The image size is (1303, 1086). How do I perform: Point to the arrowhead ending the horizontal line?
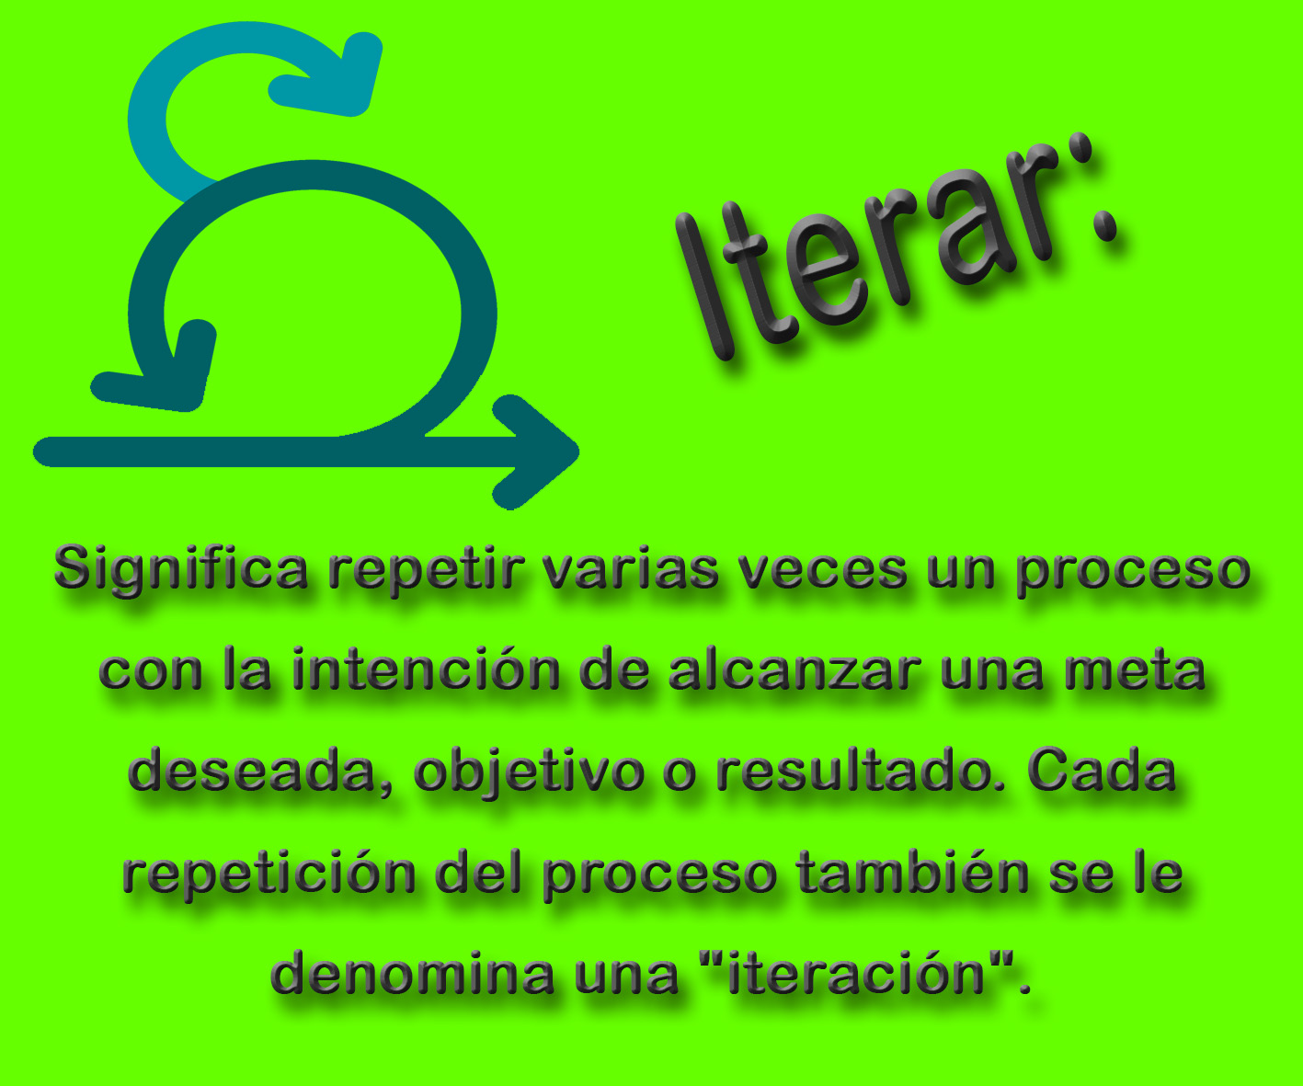(533, 452)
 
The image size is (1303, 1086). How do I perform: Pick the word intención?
(426, 670)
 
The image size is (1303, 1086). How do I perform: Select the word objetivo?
(529, 773)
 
